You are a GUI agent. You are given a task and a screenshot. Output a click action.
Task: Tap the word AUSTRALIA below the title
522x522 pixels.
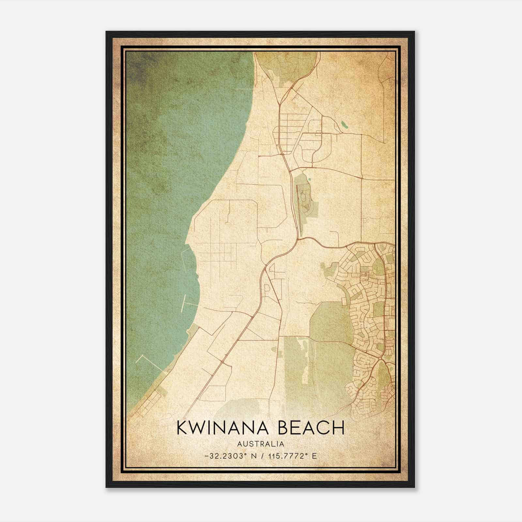261,444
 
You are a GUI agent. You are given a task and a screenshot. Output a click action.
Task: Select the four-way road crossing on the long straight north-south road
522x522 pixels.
361,178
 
